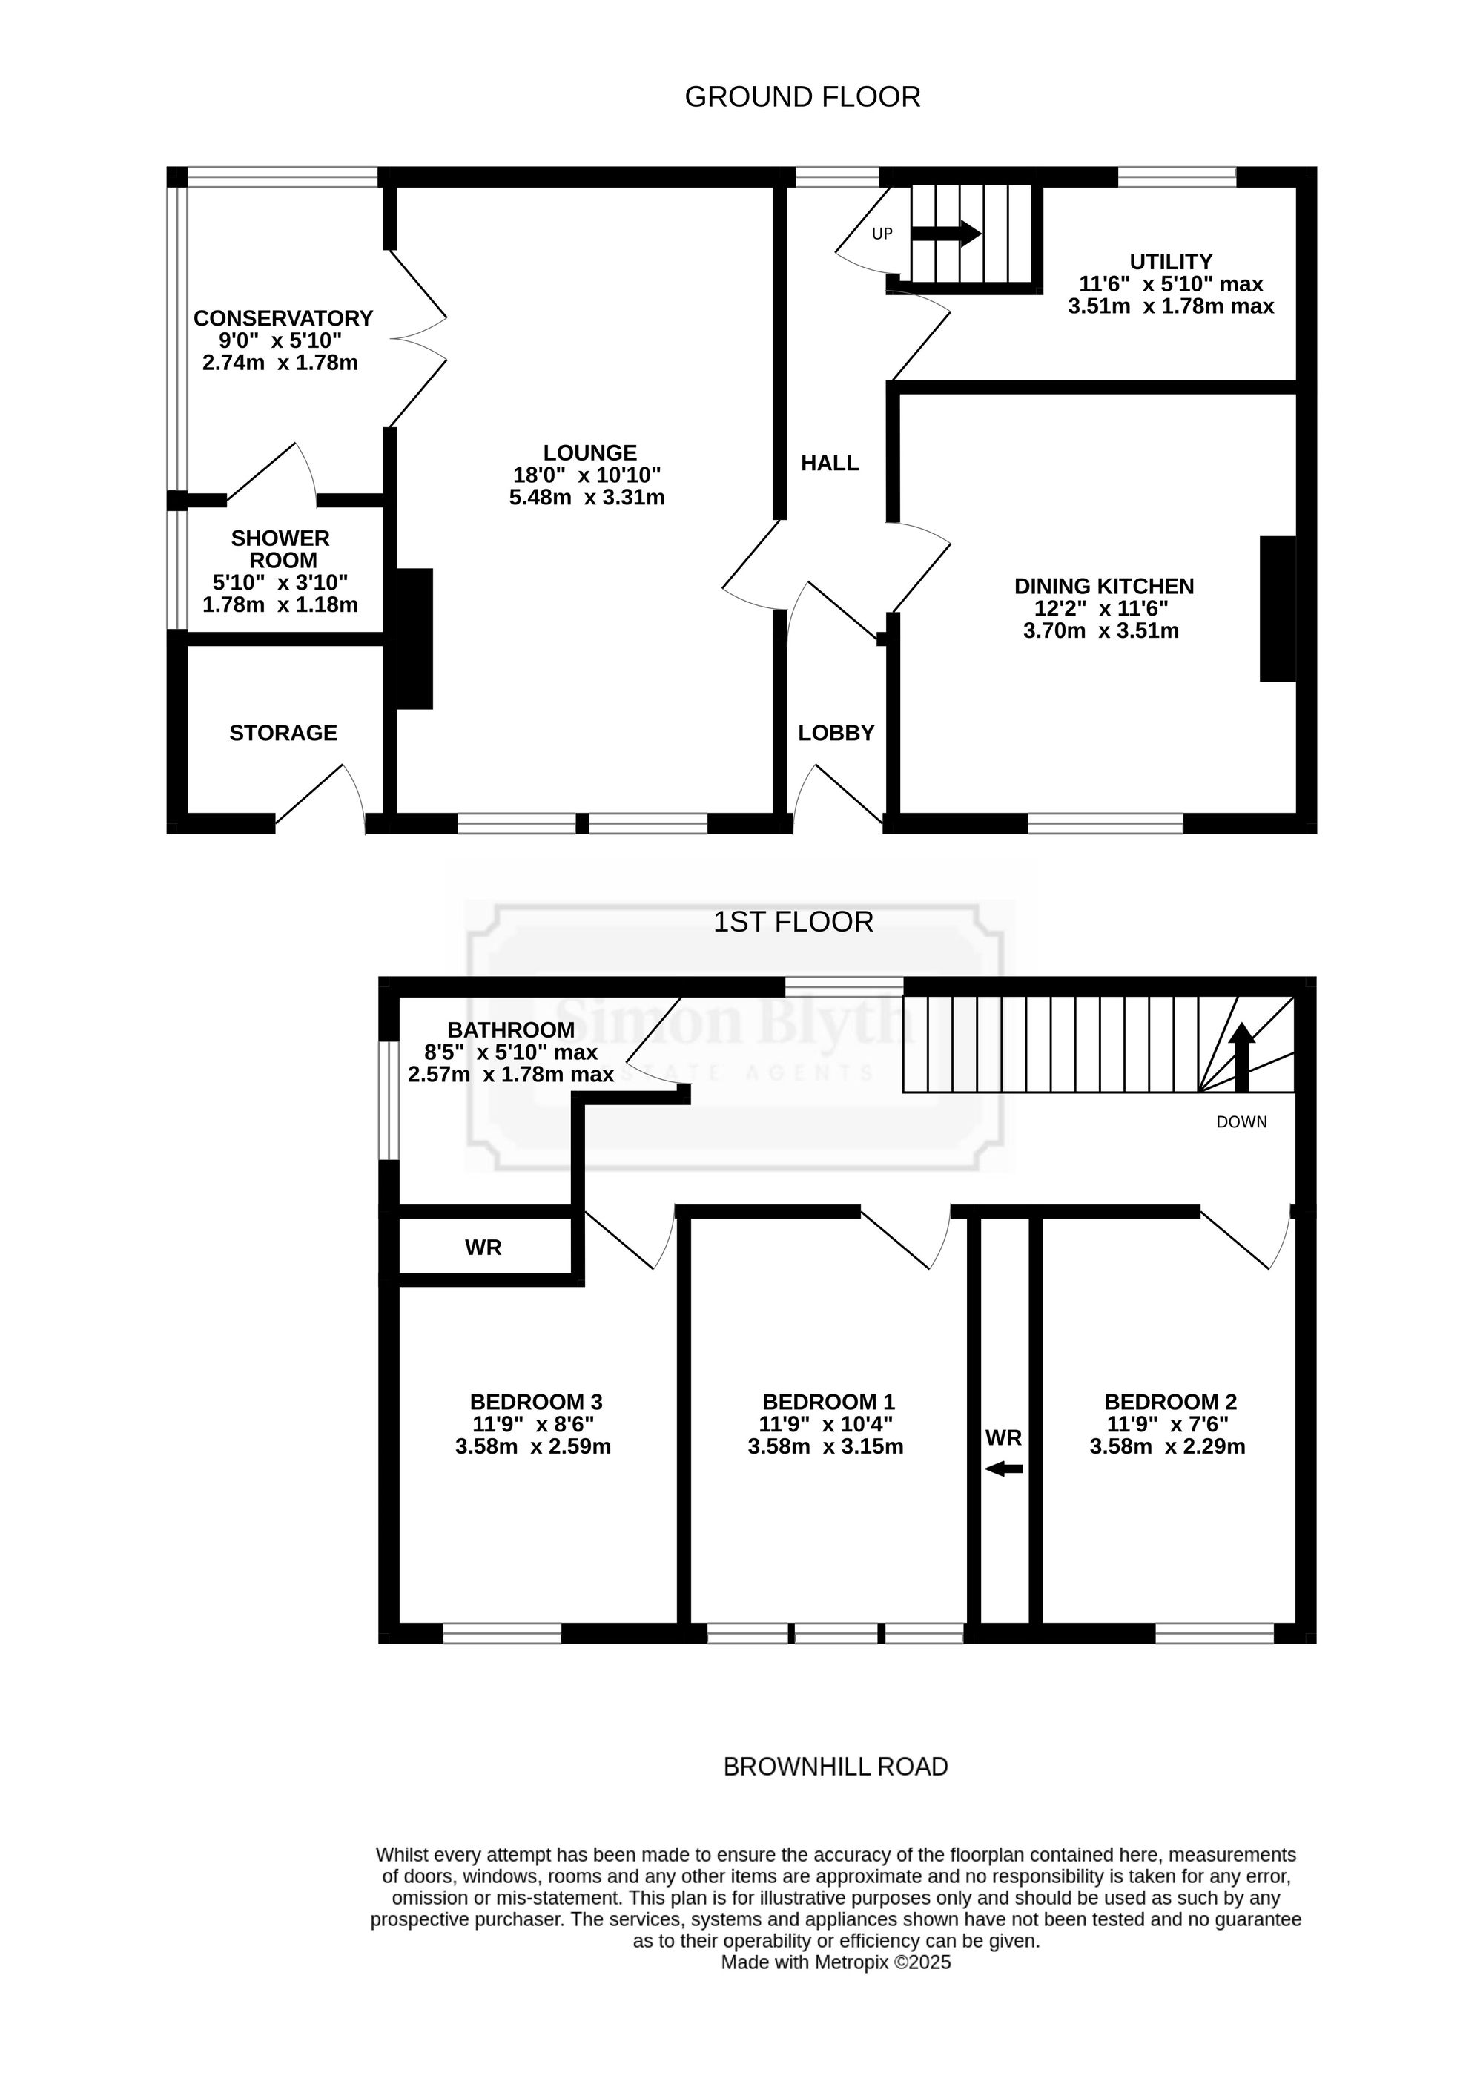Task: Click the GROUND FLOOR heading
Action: click(x=803, y=97)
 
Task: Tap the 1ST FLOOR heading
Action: click(x=793, y=923)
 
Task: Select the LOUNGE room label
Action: click(x=590, y=453)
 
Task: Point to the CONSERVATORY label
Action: click(x=283, y=317)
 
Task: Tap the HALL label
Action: click(x=830, y=463)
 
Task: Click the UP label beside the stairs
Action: click(x=882, y=234)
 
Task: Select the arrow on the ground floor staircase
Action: click(x=947, y=234)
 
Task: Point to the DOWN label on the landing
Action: click(x=1242, y=1122)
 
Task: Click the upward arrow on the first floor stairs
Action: click(x=1242, y=1058)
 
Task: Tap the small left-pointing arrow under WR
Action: click(x=1005, y=1469)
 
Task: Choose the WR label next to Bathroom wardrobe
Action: click(x=483, y=1248)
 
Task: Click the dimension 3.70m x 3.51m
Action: click(x=1101, y=630)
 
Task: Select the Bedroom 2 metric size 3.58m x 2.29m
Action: click(x=1168, y=1446)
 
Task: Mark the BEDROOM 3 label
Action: click(x=536, y=1402)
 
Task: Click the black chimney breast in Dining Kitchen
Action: click(x=1278, y=608)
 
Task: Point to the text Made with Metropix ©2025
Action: click(x=836, y=1962)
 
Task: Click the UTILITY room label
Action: click(x=1171, y=261)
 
